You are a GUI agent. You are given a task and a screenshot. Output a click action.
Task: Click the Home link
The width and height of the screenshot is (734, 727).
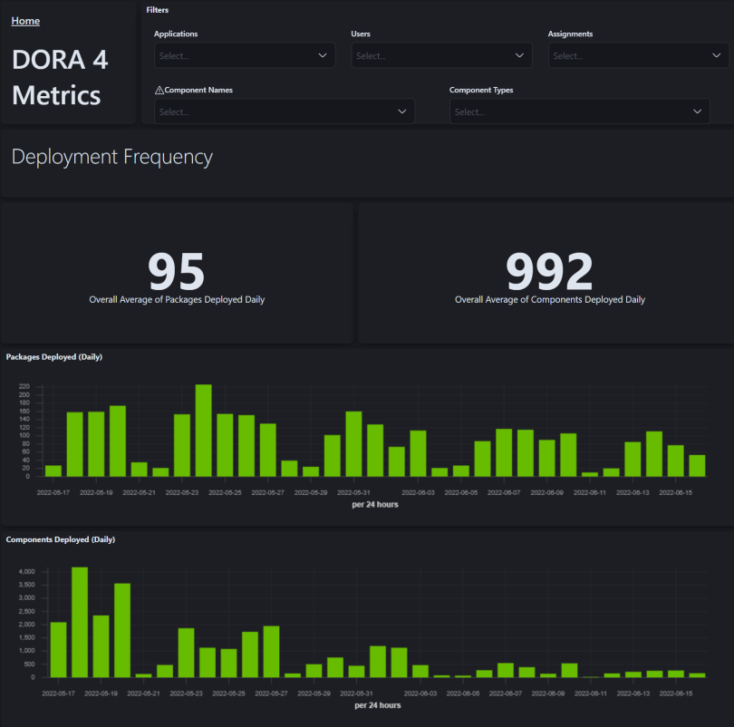point(25,21)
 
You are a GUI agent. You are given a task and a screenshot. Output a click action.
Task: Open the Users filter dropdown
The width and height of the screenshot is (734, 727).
point(440,55)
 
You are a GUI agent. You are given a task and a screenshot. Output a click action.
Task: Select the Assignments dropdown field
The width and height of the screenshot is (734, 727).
point(638,55)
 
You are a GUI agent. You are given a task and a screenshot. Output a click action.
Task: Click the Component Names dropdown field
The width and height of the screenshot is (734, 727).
point(284,111)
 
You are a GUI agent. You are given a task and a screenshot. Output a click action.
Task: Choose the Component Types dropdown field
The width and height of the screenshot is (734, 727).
point(579,111)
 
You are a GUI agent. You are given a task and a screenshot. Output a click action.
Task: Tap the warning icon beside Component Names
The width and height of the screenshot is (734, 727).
point(159,91)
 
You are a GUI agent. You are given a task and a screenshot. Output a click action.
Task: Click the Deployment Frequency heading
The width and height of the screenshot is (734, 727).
point(112,157)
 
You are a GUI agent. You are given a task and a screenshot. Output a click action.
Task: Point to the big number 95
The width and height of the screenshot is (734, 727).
point(177,270)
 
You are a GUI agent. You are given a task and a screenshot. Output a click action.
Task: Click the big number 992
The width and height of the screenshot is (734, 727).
point(549,270)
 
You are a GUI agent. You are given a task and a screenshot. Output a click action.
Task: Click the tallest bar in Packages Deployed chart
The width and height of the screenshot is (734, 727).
point(204,431)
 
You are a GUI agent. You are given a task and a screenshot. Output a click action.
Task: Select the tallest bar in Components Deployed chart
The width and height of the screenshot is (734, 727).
point(80,622)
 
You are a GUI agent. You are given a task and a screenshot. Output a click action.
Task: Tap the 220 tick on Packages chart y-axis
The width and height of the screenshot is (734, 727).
point(24,386)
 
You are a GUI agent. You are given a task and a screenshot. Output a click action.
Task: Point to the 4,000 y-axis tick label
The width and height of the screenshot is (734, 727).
point(25,572)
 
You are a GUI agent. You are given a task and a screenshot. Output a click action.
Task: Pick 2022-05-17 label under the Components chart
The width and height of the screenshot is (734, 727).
point(58,693)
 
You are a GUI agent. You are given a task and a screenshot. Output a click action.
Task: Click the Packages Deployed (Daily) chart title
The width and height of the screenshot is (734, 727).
point(54,357)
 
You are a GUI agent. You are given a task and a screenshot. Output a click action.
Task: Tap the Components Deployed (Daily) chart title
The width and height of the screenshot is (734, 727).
point(61,539)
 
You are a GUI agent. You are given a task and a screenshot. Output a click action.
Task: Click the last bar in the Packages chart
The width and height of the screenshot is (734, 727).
point(697,466)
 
